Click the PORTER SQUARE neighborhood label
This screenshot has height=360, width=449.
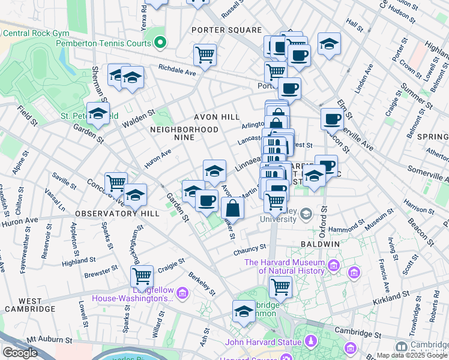point(226,30)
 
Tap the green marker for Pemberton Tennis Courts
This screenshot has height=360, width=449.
point(160,43)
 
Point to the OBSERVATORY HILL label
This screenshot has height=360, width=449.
point(118,214)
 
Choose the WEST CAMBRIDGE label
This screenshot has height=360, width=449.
point(29,304)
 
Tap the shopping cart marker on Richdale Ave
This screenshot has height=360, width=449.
point(205,55)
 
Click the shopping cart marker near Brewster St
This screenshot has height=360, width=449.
point(142,276)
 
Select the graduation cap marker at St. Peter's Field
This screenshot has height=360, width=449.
point(98,112)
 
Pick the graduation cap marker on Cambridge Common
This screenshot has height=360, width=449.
point(244,311)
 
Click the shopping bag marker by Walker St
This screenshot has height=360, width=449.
point(233,208)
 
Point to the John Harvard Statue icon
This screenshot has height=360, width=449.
point(310,343)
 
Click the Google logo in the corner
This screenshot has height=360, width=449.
point(20,352)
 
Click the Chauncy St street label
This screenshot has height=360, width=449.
point(250,248)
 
